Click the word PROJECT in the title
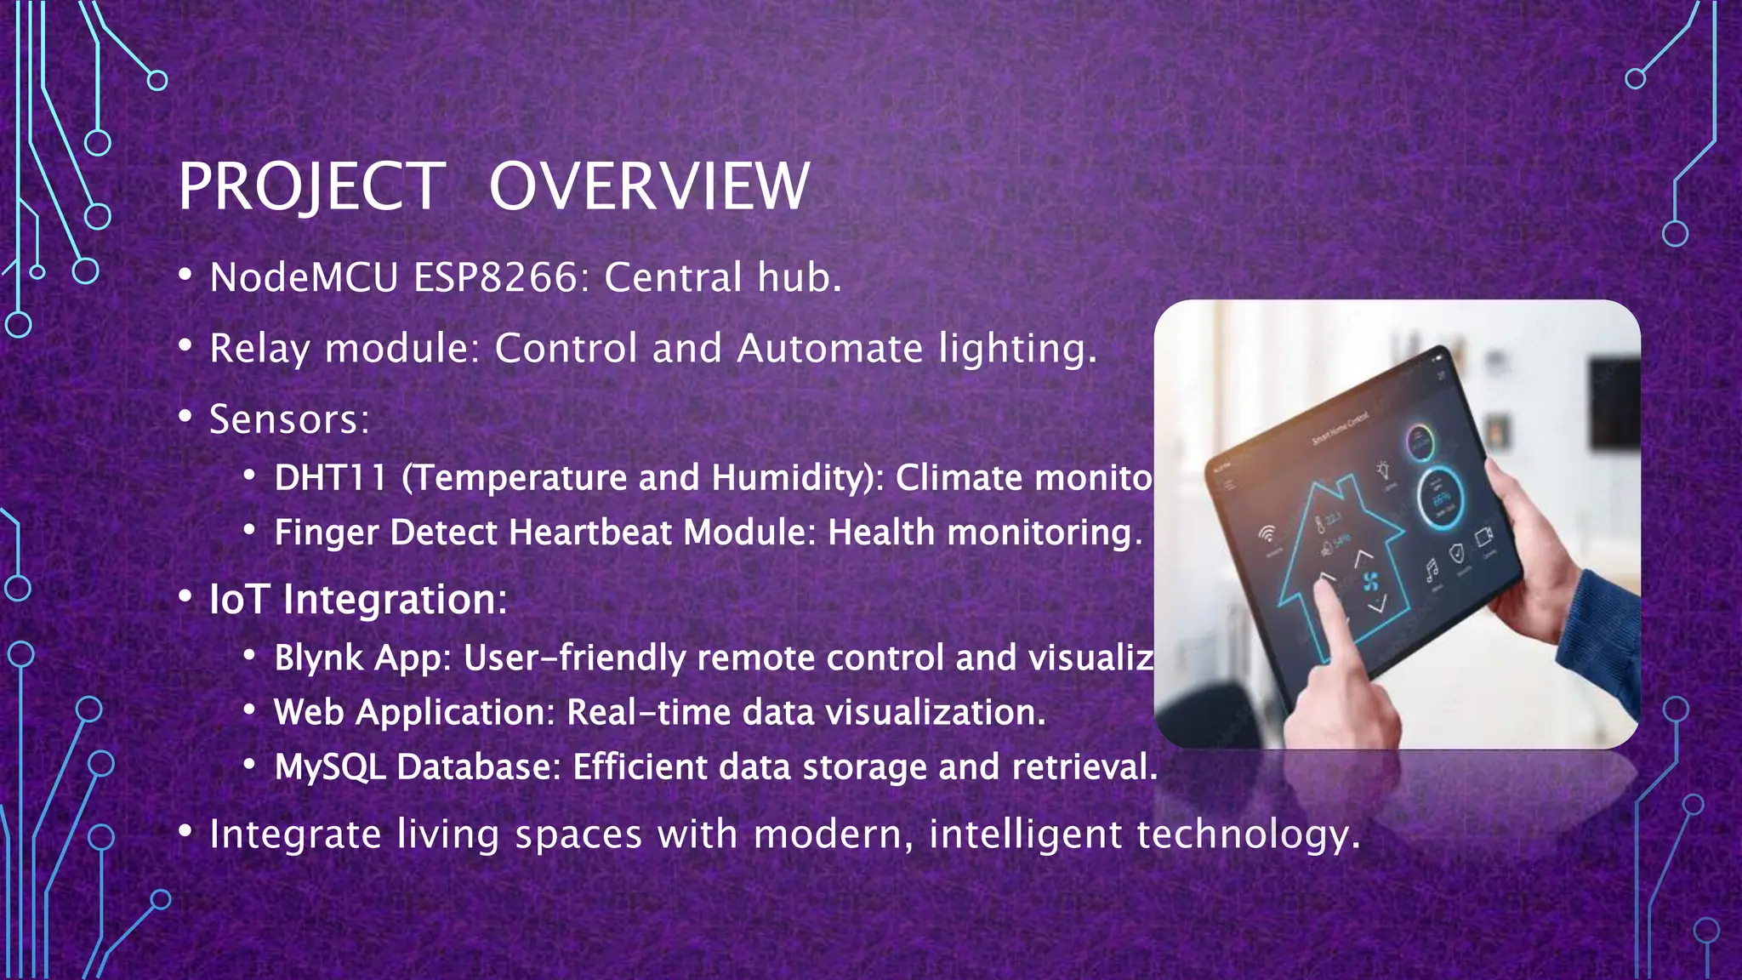(x=311, y=187)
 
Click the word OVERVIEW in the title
(x=648, y=187)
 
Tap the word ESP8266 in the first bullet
(x=500, y=278)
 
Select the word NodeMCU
(x=304, y=278)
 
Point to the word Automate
(x=829, y=349)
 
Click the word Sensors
(x=288, y=419)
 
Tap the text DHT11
(x=330, y=478)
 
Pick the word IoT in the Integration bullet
(x=240, y=600)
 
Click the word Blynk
(x=318, y=658)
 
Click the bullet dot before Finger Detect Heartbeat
(x=249, y=531)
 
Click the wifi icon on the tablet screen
(x=1268, y=533)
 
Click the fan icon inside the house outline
(x=1370, y=582)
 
